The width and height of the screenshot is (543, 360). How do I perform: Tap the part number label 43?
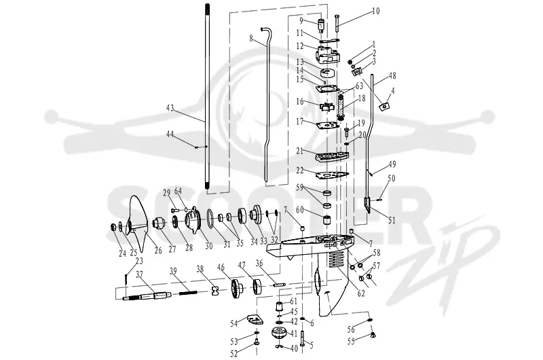pyautogui.click(x=170, y=108)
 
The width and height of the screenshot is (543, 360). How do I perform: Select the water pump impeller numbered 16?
pyautogui.click(x=325, y=105)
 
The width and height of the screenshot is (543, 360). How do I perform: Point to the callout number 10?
pyautogui.click(x=376, y=12)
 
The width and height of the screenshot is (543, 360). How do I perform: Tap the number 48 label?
pyautogui.click(x=392, y=76)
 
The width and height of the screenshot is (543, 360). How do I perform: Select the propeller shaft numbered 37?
pyautogui.click(x=147, y=296)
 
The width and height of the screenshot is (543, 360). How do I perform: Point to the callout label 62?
pyautogui.click(x=361, y=293)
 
